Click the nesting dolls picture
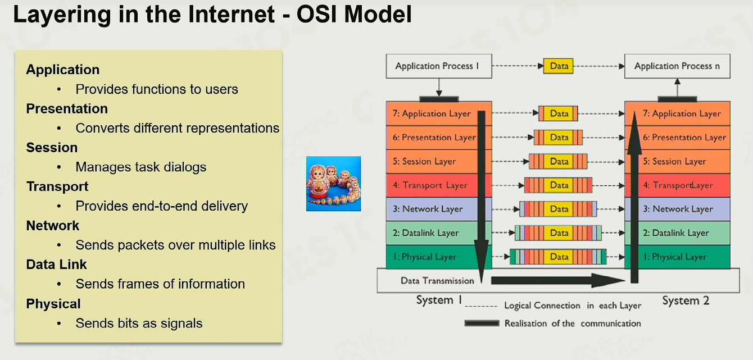333,183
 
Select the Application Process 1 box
439,66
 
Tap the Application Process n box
677,66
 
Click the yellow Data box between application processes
559,66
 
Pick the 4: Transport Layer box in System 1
439,185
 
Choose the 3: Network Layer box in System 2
677,209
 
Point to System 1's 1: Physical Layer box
439,257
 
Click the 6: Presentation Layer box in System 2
677,138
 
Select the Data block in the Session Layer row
559,161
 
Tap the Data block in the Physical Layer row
559,257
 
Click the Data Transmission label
437,281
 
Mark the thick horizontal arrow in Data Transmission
558,280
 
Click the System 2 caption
686,300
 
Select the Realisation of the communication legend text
573,323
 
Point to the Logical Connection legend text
573,306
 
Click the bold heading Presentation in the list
67,109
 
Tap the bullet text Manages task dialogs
141,167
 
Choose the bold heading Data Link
56,265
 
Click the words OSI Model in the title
354,14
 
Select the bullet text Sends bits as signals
139,323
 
